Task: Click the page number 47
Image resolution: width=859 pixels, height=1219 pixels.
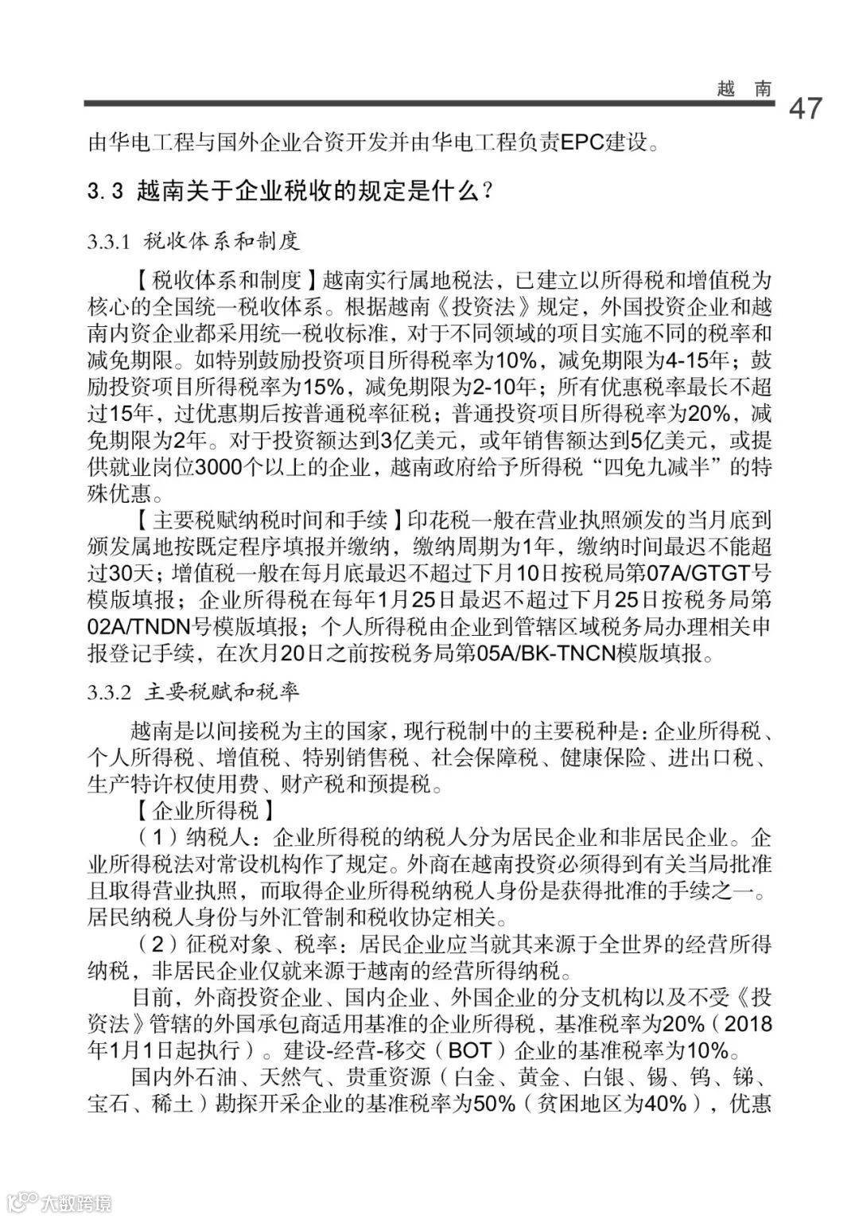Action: point(805,107)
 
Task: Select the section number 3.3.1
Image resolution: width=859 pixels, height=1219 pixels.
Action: point(109,240)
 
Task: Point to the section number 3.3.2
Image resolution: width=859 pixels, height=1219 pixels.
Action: point(109,692)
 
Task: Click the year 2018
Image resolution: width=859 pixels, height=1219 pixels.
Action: point(748,1023)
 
